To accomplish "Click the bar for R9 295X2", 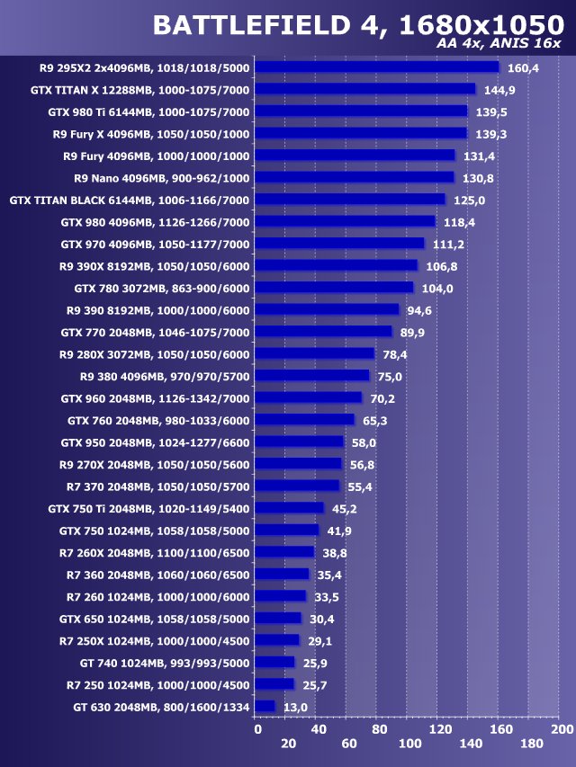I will coord(376,67).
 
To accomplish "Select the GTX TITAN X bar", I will coord(364,90).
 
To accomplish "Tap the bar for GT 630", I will coord(265,707).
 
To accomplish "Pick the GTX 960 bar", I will coord(308,398).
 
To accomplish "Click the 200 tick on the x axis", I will coord(561,730).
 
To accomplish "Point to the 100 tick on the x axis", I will coord(409,745).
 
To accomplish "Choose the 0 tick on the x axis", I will coord(257,730).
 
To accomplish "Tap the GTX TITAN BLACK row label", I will coord(130,201).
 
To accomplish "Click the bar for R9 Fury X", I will coord(360,134).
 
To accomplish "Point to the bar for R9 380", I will coord(311,376).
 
